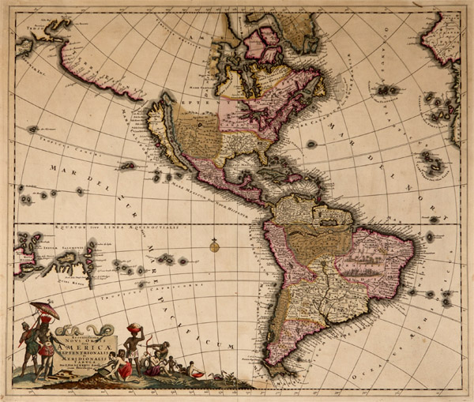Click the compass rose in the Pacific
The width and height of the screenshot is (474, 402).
[x=213, y=246]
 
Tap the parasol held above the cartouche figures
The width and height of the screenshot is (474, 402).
[x=44, y=310]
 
